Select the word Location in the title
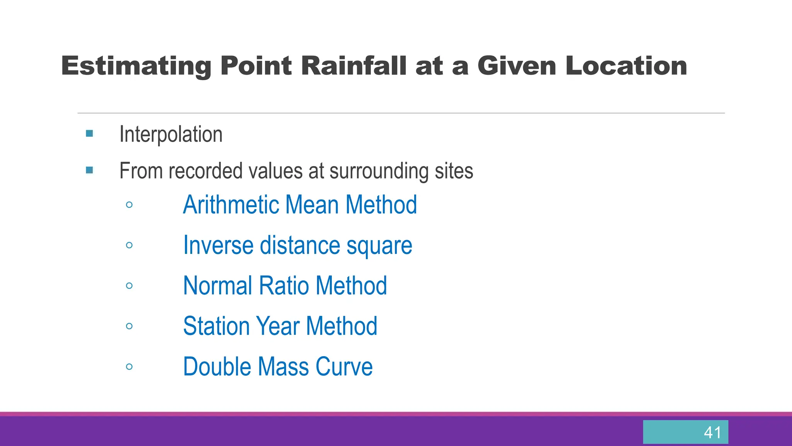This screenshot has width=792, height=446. [626, 66]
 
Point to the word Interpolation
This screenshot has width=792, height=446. [171, 134]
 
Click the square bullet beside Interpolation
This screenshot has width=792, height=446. [89, 134]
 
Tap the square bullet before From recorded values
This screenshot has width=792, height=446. [89, 170]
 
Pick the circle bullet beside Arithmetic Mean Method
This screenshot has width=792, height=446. [129, 205]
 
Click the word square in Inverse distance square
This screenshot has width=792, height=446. [379, 246]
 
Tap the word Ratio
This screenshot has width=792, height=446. [283, 286]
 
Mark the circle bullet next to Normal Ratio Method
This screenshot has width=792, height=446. [129, 286]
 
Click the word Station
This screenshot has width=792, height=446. [216, 326]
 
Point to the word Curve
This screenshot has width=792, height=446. [344, 367]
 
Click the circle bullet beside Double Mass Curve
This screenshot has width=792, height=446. [129, 367]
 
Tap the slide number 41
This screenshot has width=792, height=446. [712, 432]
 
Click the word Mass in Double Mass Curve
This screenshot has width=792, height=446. [283, 367]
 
